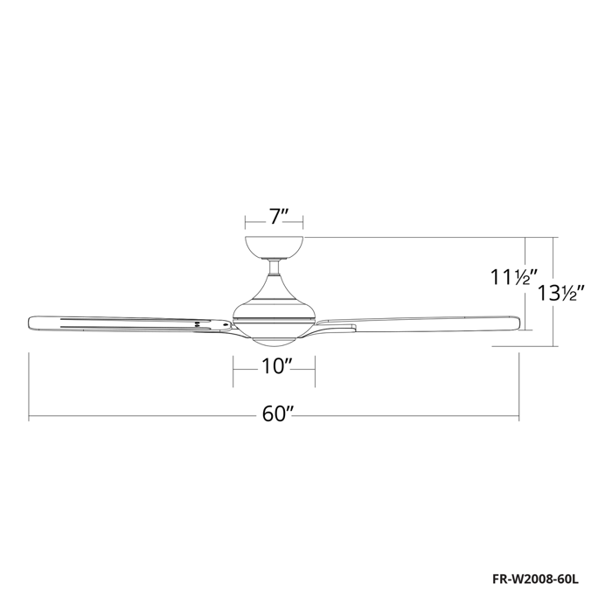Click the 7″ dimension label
click(x=278, y=217)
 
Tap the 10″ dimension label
click(x=277, y=366)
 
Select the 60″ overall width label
click(x=277, y=414)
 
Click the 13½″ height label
click(x=561, y=293)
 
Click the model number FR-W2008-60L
click(x=535, y=580)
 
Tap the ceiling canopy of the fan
click(x=274, y=247)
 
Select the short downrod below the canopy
click(x=275, y=267)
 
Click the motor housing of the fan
click(x=274, y=302)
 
